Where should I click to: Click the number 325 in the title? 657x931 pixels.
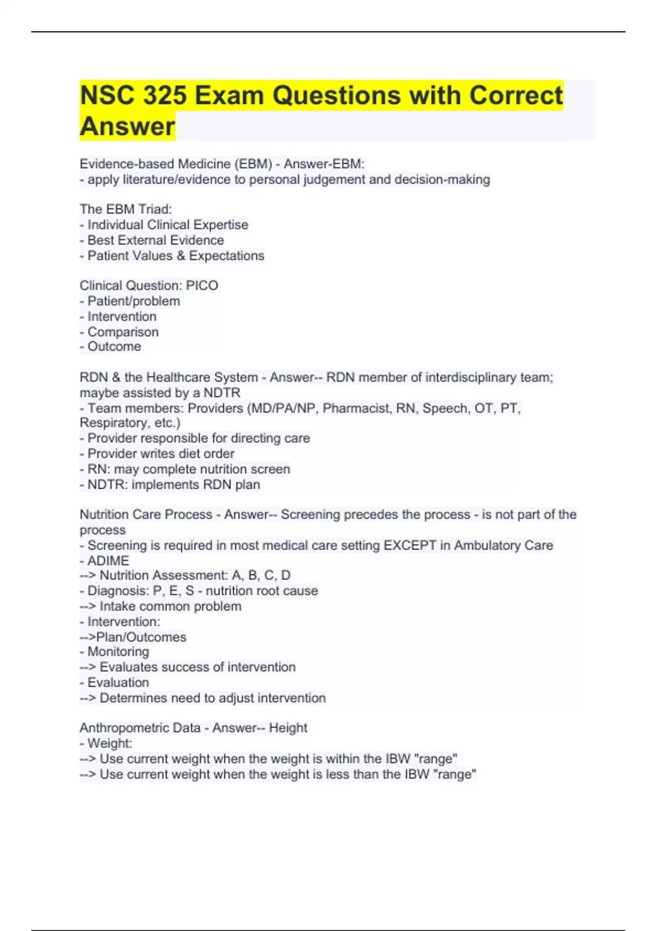tap(164, 96)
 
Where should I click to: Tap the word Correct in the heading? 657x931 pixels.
tap(515, 96)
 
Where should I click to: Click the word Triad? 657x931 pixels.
tap(155, 209)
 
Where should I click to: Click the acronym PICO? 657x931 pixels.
tap(202, 285)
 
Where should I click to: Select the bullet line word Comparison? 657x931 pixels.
tap(123, 332)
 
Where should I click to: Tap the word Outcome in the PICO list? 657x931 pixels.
tap(114, 347)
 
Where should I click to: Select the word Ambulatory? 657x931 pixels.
tap(487, 545)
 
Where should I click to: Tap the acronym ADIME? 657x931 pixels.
tap(108, 561)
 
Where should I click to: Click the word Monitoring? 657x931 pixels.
tap(118, 652)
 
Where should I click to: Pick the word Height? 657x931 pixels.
tap(288, 728)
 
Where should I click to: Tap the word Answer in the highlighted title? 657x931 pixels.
tap(128, 127)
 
